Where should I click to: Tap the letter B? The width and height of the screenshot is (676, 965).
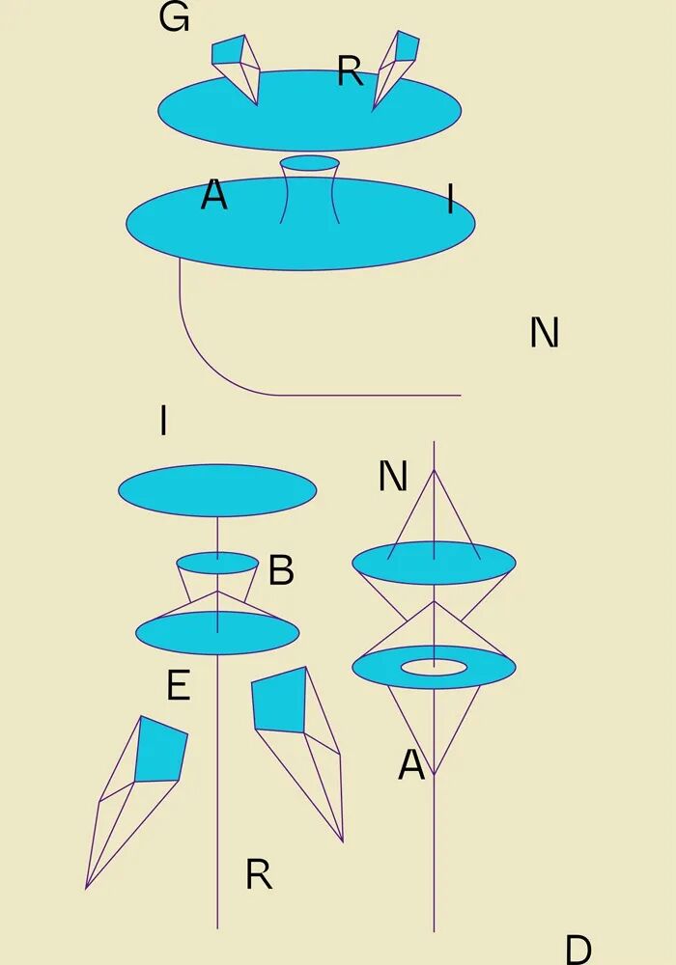coord(281,570)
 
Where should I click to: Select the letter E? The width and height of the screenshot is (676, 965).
coord(179,686)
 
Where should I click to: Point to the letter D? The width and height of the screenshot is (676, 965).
coord(577,951)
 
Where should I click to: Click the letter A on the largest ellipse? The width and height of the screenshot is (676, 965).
coord(213,196)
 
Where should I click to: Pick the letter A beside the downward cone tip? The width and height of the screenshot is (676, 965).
coord(411,765)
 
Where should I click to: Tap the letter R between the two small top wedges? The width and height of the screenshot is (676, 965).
coord(350,71)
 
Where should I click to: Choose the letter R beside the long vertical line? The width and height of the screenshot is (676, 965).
coord(259,875)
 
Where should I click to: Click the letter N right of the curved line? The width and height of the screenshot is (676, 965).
coord(545,333)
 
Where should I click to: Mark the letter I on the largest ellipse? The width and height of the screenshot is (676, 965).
coord(450,200)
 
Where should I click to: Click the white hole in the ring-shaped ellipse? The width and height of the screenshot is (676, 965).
coord(434,666)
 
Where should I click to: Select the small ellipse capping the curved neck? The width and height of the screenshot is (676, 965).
coord(310,163)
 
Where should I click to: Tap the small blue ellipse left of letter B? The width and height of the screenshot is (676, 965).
coord(217,563)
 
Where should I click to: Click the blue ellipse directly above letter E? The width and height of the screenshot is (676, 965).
coord(217,633)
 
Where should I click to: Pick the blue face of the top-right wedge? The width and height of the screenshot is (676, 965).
coord(408,44)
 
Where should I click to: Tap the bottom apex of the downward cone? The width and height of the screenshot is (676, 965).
coord(434,775)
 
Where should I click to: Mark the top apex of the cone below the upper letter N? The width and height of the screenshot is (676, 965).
coord(434,471)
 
